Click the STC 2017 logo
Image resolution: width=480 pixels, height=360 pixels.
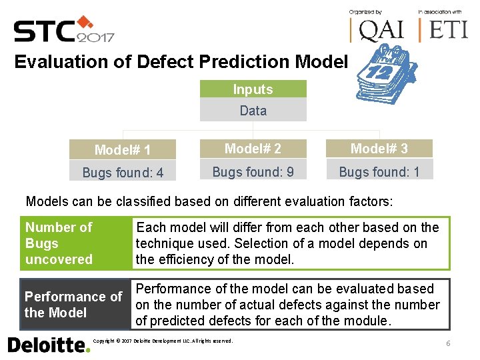(x=64, y=30)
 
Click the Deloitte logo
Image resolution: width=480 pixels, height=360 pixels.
(x=48, y=345)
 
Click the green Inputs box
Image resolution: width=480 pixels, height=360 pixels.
(x=253, y=89)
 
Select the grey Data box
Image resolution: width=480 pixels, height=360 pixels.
(x=253, y=111)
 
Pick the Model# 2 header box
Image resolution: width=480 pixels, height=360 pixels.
(x=253, y=149)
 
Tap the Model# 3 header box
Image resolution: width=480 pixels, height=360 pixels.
(x=379, y=149)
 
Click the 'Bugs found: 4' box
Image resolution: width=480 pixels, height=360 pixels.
(x=123, y=173)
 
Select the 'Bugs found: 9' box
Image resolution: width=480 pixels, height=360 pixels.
(x=253, y=171)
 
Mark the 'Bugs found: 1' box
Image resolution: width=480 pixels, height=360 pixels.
(x=379, y=171)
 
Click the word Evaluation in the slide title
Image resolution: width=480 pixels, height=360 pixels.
(x=57, y=62)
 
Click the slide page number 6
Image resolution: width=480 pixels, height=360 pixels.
(x=449, y=343)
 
